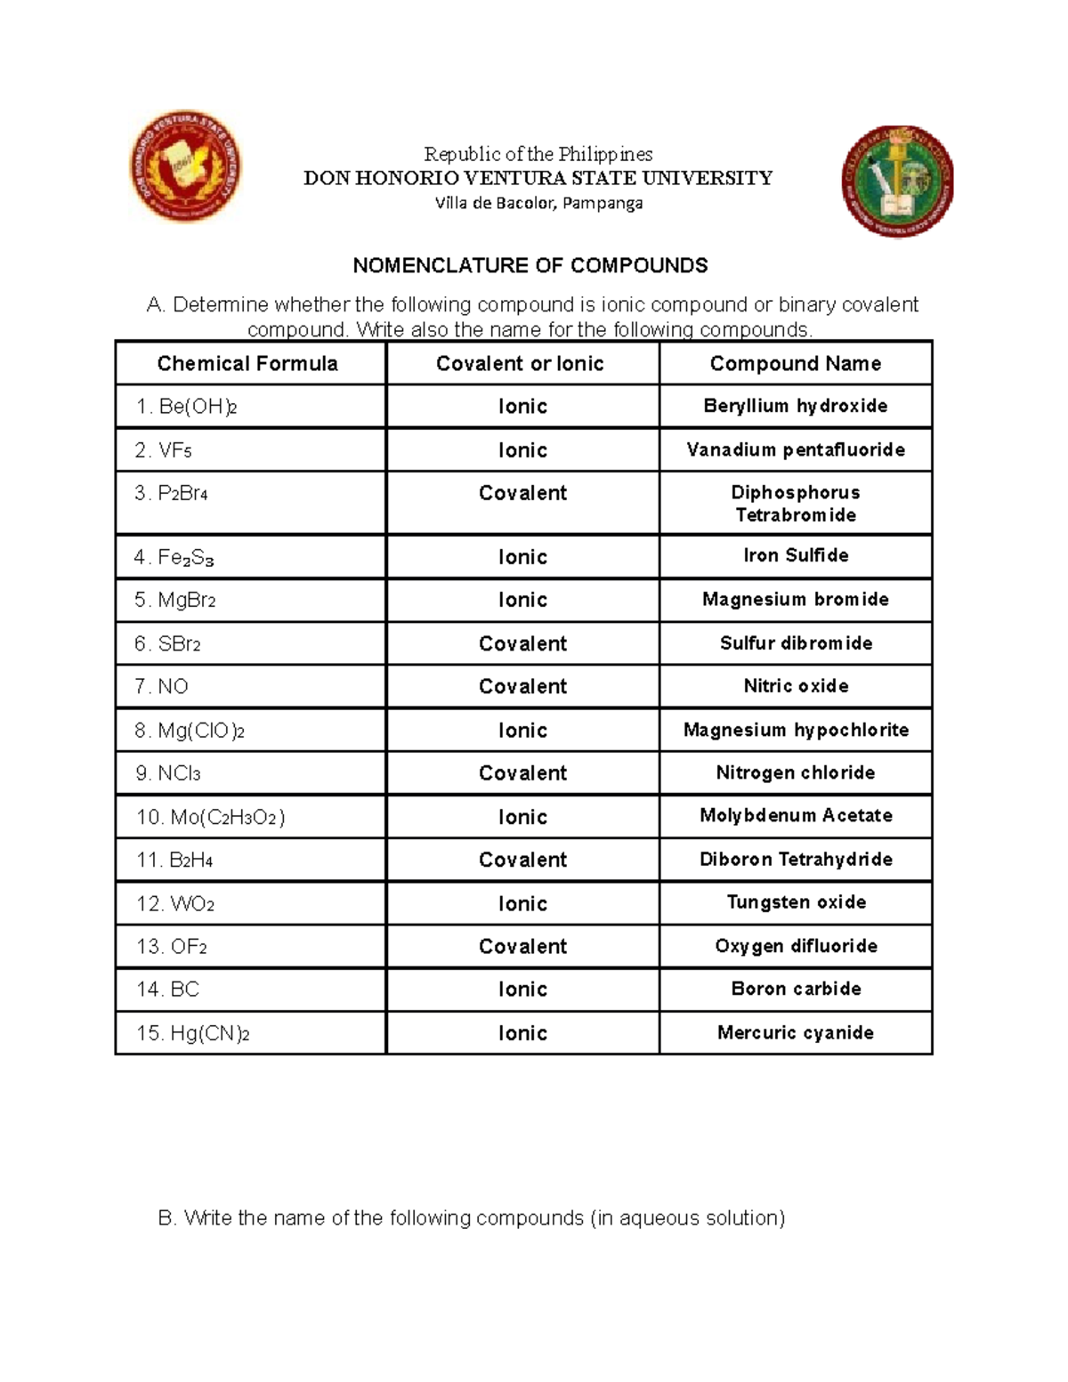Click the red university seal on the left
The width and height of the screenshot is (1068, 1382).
click(x=185, y=166)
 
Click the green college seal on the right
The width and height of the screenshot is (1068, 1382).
click(x=897, y=181)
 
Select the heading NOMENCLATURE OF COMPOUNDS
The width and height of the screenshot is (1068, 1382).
click(x=530, y=265)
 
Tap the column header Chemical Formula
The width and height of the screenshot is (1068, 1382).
click(x=247, y=363)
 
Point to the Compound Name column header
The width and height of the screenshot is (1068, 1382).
click(x=795, y=363)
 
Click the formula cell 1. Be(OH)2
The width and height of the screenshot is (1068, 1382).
click(x=186, y=407)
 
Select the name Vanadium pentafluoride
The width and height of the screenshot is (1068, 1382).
click(x=795, y=449)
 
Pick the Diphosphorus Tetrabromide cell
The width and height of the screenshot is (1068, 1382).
click(x=795, y=504)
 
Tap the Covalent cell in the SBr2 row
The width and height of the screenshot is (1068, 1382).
click(x=522, y=643)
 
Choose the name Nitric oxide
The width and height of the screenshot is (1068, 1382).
click(x=795, y=686)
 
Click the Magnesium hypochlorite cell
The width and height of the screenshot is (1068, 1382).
click(x=795, y=730)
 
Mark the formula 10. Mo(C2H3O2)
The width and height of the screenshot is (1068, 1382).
click(x=210, y=817)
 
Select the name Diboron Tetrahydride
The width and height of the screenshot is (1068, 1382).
click(x=795, y=859)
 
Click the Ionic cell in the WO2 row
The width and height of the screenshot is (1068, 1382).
click(x=522, y=903)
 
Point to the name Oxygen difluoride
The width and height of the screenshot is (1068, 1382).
click(x=795, y=946)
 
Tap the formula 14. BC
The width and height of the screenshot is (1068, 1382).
click(x=167, y=990)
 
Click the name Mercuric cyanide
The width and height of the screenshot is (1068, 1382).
click(x=795, y=1032)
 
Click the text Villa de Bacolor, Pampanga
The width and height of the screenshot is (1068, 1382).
click(x=538, y=203)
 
